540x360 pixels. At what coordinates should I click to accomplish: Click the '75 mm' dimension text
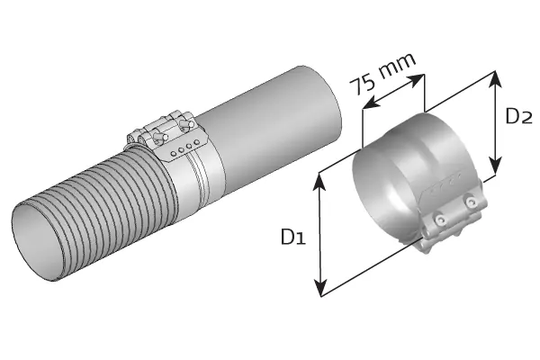[x=383, y=74]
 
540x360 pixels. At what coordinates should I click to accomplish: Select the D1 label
[x=292, y=237]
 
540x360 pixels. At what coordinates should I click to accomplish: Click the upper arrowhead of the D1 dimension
[x=319, y=178]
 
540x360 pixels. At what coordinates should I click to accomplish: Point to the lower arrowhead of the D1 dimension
[x=319, y=290]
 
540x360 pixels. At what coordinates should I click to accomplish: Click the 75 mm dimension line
[x=392, y=94]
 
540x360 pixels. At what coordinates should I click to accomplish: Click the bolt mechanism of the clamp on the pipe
[x=162, y=132]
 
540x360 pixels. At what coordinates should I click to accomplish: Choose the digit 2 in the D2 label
[x=530, y=117]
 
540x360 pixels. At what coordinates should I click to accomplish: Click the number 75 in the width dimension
[x=364, y=85]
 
